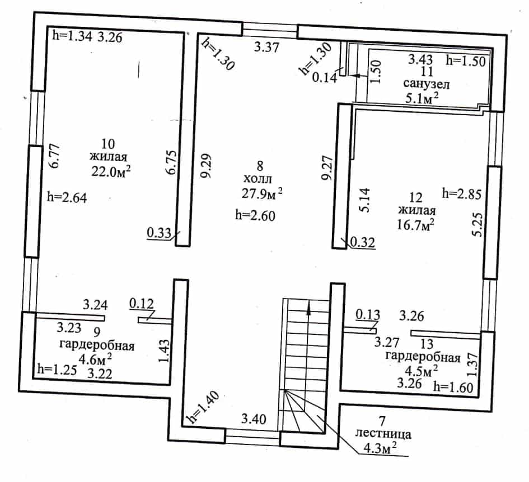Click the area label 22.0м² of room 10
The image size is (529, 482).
click(x=111, y=171)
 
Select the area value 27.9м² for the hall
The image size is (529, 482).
click(x=262, y=193)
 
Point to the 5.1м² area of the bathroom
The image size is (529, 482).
click(x=422, y=98)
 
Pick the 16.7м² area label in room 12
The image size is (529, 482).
click(x=415, y=224)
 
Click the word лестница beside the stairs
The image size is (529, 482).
click(x=383, y=434)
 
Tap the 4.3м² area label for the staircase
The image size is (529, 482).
click(x=380, y=448)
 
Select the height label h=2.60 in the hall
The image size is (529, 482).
click(x=255, y=215)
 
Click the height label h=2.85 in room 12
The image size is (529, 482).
click(x=461, y=194)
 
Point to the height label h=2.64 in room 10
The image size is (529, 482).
click(x=67, y=197)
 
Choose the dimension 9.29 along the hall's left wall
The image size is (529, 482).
click(x=206, y=166)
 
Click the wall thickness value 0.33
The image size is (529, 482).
click(x=159, y=233)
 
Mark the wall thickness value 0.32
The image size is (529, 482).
click(x=363, y=242)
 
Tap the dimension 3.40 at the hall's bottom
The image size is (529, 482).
click(x=254, y=419)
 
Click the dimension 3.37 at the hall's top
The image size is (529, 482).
click(x=266, y=46)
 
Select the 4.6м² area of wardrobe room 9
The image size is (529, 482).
click(x=95, y=359)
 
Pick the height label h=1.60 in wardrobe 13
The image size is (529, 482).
click(x=453, y=388)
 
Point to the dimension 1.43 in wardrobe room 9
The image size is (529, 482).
click(x=165, y=351)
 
